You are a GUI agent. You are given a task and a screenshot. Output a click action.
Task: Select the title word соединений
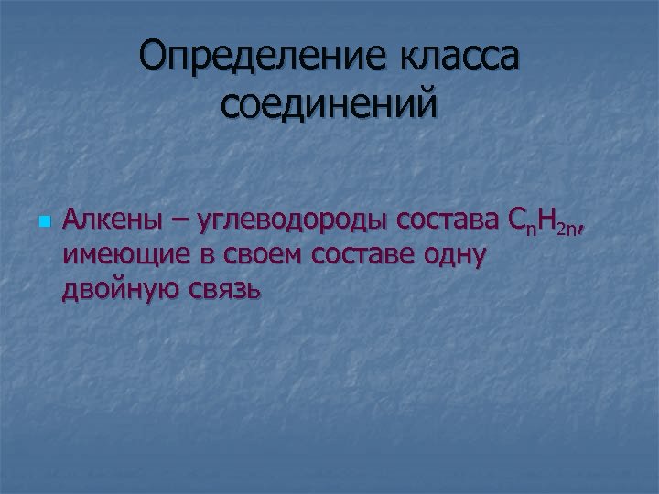point(329,103)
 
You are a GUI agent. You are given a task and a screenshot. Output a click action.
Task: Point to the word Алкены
point(109,220)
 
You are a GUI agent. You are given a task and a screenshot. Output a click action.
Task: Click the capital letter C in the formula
point(513,220)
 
